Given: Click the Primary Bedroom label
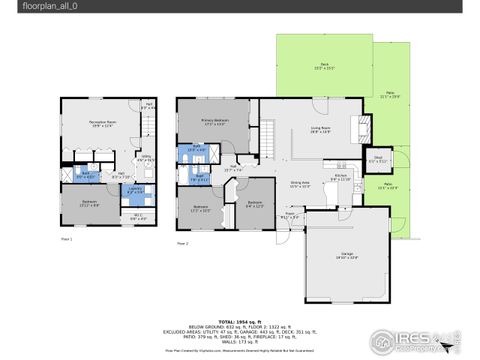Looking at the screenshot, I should pyautogui.click(x=214, y=121).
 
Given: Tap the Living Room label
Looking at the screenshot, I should pyautogui.click(x=322, y=129).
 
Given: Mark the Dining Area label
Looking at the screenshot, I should pyautogui.click(x=300, y=184).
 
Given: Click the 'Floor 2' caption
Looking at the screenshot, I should pyautogui.click(x=183, y=243).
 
